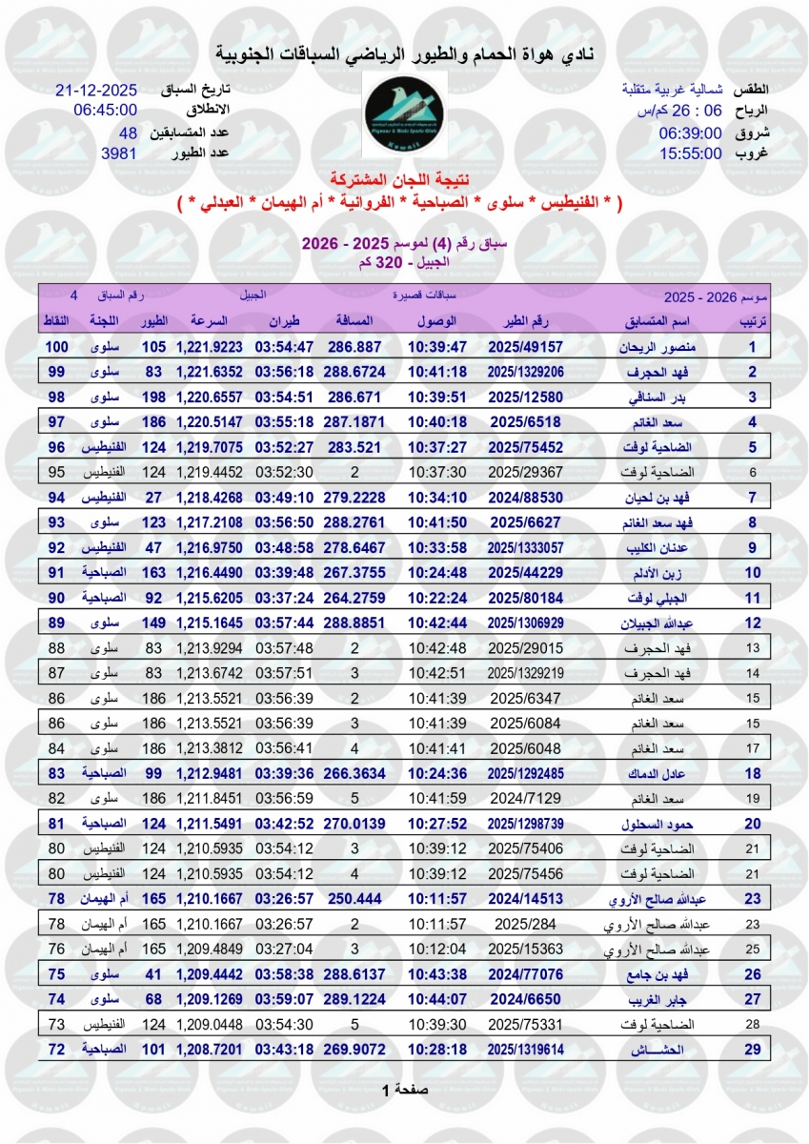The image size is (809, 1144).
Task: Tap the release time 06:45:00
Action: coord(106,110)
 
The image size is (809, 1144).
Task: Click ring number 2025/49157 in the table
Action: coord(525,347)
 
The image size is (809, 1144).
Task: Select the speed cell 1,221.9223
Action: coord(210,347)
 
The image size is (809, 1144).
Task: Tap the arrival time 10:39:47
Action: coord(437,347)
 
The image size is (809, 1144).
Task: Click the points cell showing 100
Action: coord(58,347)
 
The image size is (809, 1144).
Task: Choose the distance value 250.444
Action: coord(354,899)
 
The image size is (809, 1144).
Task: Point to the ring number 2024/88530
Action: coord(525,497)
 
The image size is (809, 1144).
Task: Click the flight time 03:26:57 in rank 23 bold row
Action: coord(283,899)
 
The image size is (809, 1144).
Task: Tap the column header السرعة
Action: coord(210,321)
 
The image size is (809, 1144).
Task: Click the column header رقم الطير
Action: coord(525,321)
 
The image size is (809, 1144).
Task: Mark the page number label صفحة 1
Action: coord(405,1089)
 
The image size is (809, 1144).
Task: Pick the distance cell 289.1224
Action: coord(354,998)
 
